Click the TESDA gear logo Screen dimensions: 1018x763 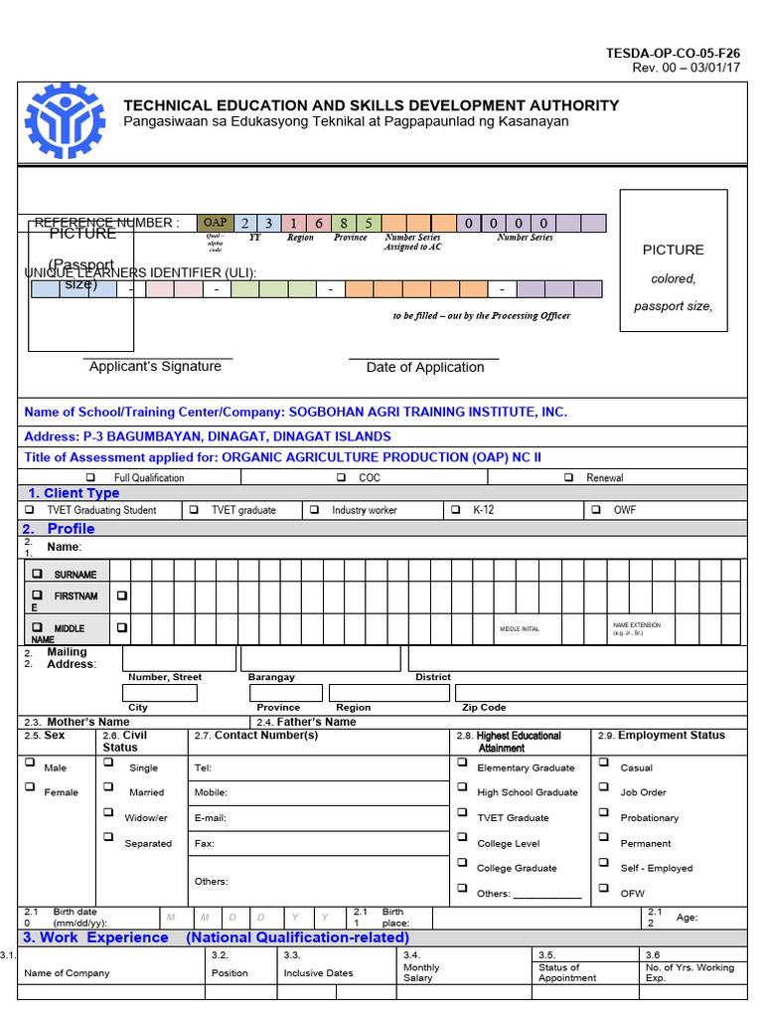pos(63,119)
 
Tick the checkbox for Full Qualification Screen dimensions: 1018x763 pos(90,478)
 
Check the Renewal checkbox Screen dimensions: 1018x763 pos(568,478)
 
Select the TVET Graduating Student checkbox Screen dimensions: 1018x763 pos(30,510)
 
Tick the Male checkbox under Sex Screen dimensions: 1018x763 pos(30,763)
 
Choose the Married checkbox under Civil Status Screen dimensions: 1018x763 pos(107,787)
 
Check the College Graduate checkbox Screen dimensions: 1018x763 pos(462,863)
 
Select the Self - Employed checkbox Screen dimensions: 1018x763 pos(603,863)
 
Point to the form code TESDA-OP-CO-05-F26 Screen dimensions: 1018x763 pos(674,53)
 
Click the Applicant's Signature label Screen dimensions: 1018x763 pos(155,366)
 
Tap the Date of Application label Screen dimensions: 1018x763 pos(425,367)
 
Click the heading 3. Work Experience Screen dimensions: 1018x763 pos(96,937)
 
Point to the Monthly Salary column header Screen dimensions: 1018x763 pos(421,972)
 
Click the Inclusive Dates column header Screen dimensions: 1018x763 pos(318,972)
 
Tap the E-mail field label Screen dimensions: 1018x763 pos(210,818)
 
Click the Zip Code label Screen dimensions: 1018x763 pos(484,708)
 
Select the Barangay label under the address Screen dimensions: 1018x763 pos(271,677)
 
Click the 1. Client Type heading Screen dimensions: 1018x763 pos(74,493)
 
